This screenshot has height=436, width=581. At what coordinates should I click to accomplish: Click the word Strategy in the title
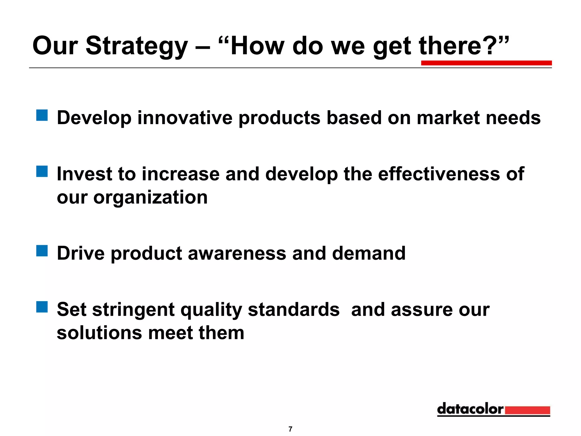point(137,46)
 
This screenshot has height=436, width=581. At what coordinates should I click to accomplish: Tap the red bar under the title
point(486,63)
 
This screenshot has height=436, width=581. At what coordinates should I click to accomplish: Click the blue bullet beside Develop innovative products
point(42,115)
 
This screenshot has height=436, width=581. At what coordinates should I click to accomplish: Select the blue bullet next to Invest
point(42,171)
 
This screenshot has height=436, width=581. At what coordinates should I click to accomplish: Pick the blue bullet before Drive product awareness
point(42,251)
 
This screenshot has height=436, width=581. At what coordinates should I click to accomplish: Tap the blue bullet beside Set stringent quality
point(42,307)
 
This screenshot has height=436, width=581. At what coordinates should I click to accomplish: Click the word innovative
point(185,118)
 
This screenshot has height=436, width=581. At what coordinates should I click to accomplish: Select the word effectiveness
point(439,174)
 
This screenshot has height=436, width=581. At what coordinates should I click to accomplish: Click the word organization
point(150,198)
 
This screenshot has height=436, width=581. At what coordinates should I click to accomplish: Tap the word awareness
point(237,253)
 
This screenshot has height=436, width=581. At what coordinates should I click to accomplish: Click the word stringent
point(133,309)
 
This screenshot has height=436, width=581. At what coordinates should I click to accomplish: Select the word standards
point(294,309)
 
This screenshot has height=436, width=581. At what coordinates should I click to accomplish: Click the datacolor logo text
point(470,409)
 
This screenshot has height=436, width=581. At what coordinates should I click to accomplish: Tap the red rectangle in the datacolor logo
point(527,410)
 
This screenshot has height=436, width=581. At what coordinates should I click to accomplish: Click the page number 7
point(290,429)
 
